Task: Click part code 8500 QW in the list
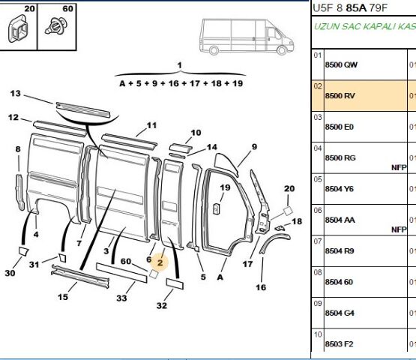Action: coord(340,65)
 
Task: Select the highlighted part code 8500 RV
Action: coord(340,96)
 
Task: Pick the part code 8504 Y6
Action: coord(340,189)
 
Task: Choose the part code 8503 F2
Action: coord(340,343)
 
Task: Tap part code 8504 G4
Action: coord(340,313)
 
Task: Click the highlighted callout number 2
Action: coord(159,262)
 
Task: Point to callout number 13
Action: coord(14,94)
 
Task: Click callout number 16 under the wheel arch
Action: coord(260,286)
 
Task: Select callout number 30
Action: coord(10,273)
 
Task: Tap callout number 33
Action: coord(121,299)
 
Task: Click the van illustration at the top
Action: coord(244,36)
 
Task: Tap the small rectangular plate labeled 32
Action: coord(175,285)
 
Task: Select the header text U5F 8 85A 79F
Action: coord(350,8)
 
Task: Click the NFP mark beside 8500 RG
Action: coord(398,167)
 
